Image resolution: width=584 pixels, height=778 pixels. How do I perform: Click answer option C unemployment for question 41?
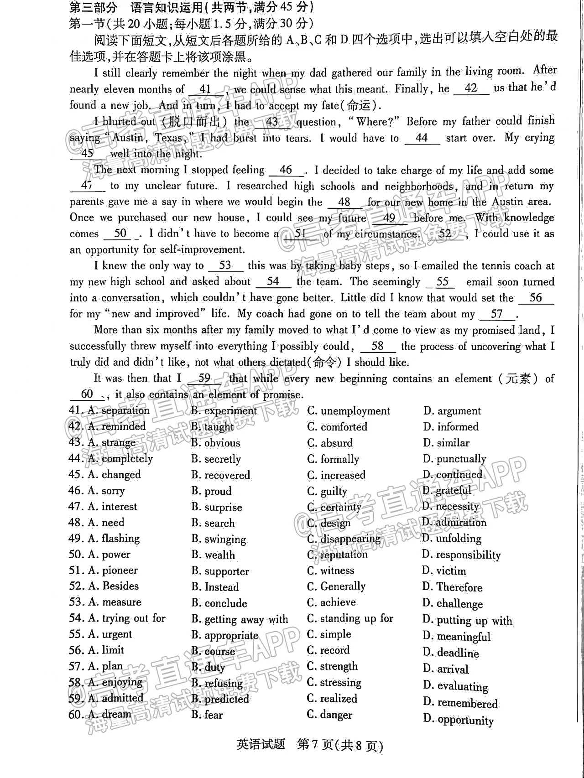tap(349, 411)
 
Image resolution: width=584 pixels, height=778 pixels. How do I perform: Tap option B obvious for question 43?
tap(216, 443)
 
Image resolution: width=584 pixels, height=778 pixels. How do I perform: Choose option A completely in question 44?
tap(120, 458)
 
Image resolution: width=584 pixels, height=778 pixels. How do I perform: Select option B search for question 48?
tap(213, 523)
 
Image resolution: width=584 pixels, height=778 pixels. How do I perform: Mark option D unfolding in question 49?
tap(452, 539)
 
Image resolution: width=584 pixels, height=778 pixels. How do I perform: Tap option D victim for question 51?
tap(444, 571)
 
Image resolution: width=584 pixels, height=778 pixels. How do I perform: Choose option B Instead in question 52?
tap(215, 587)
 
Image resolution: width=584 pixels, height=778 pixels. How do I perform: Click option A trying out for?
tap(127, 618)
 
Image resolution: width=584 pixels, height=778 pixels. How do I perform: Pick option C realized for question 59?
tap(332, 699)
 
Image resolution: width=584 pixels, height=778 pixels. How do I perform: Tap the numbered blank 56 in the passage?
tap(536, 298)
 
